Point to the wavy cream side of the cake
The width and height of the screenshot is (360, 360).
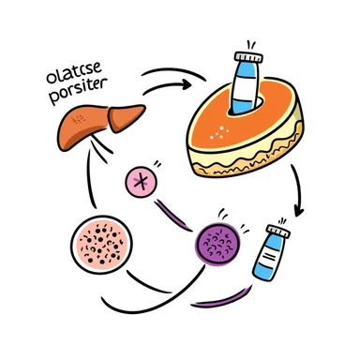248,167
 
